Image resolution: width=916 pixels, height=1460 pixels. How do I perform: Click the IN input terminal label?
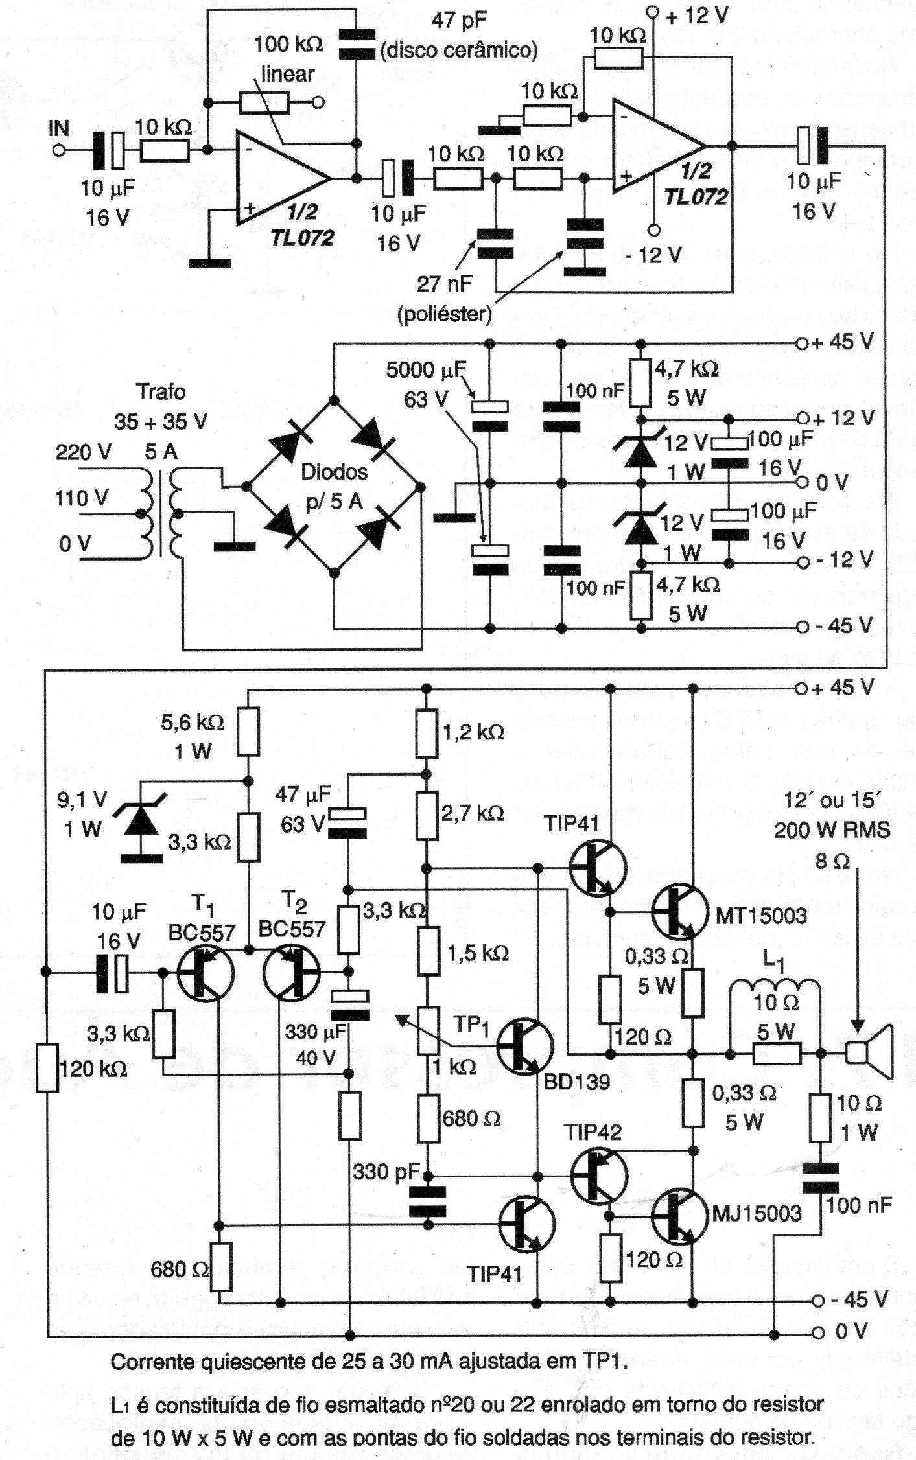tap(59, 128)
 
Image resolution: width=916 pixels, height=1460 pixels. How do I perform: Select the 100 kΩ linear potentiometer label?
tap(288, 58)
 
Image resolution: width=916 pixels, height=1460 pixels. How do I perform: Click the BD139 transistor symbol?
tap(524, 1045)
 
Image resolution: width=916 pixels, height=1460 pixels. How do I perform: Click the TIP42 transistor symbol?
tap(598, 1174)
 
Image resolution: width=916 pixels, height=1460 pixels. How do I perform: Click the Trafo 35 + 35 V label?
tap(160, 407)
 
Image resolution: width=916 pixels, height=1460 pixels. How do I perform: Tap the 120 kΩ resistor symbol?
tap(47, 1066)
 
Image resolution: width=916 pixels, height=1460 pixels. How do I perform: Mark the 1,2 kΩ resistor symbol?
tap(426, 733)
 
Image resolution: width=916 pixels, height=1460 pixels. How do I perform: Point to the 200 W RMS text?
tap(832, 830)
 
